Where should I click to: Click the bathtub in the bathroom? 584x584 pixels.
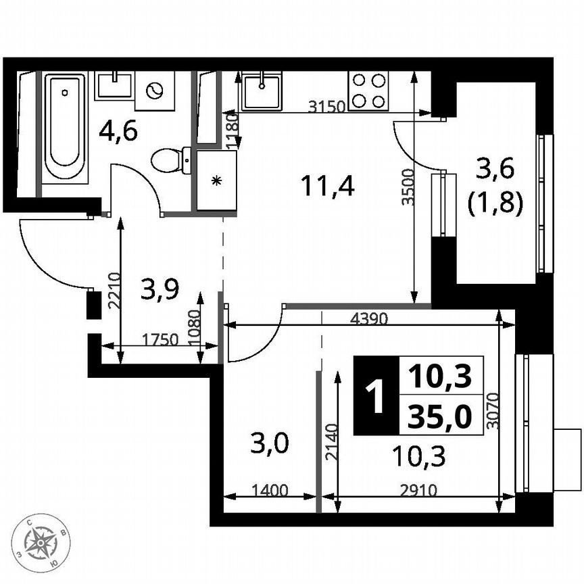click(x=65, y=126)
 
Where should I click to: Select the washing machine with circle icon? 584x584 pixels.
click(x=155, y=90)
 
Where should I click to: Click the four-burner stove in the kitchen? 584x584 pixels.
click(x=368, y=91)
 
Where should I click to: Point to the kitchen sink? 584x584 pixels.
click(x=262, y=91)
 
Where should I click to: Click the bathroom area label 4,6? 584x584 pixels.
click(x=118, y=130)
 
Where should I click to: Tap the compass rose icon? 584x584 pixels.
click(x=42, y=541)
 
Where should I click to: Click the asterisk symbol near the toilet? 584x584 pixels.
click(x=216, y=180)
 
